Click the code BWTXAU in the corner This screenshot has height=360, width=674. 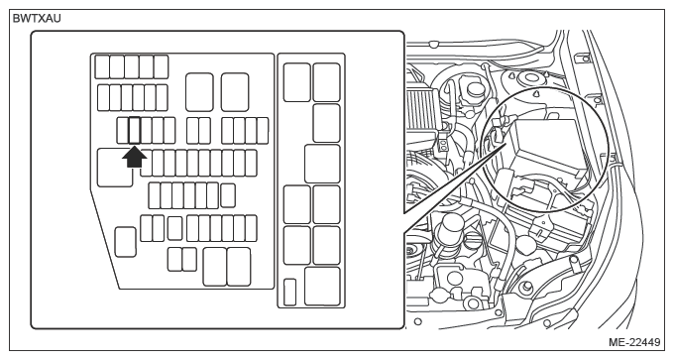click(37, 19)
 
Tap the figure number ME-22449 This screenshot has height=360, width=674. click(634, 342)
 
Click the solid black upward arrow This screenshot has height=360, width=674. click(135, 158)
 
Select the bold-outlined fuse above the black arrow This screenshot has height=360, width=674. click(135, 130)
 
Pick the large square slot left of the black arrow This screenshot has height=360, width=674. click(115, 168)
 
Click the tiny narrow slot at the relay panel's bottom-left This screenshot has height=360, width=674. click(289, 292)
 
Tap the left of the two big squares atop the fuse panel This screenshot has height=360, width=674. click(199, 92)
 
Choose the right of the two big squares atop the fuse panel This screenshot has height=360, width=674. click(235, 92)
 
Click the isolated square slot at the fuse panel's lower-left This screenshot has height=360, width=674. click(126, 242)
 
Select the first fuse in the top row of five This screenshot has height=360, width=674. click(102, 66)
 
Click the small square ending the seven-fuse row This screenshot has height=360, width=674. click(228, 195)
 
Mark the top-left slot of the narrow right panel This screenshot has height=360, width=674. click(297, 82)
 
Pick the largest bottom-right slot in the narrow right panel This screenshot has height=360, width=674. click(322, 286)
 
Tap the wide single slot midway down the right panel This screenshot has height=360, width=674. click(322, 164)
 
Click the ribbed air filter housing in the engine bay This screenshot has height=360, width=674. click(422, 107)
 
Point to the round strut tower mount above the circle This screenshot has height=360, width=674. click(527, 79)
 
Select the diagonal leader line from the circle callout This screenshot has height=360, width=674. click(455, 180)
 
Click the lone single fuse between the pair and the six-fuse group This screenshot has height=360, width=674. click(174, 228)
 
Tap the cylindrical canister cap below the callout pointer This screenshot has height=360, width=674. click(449, 223)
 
